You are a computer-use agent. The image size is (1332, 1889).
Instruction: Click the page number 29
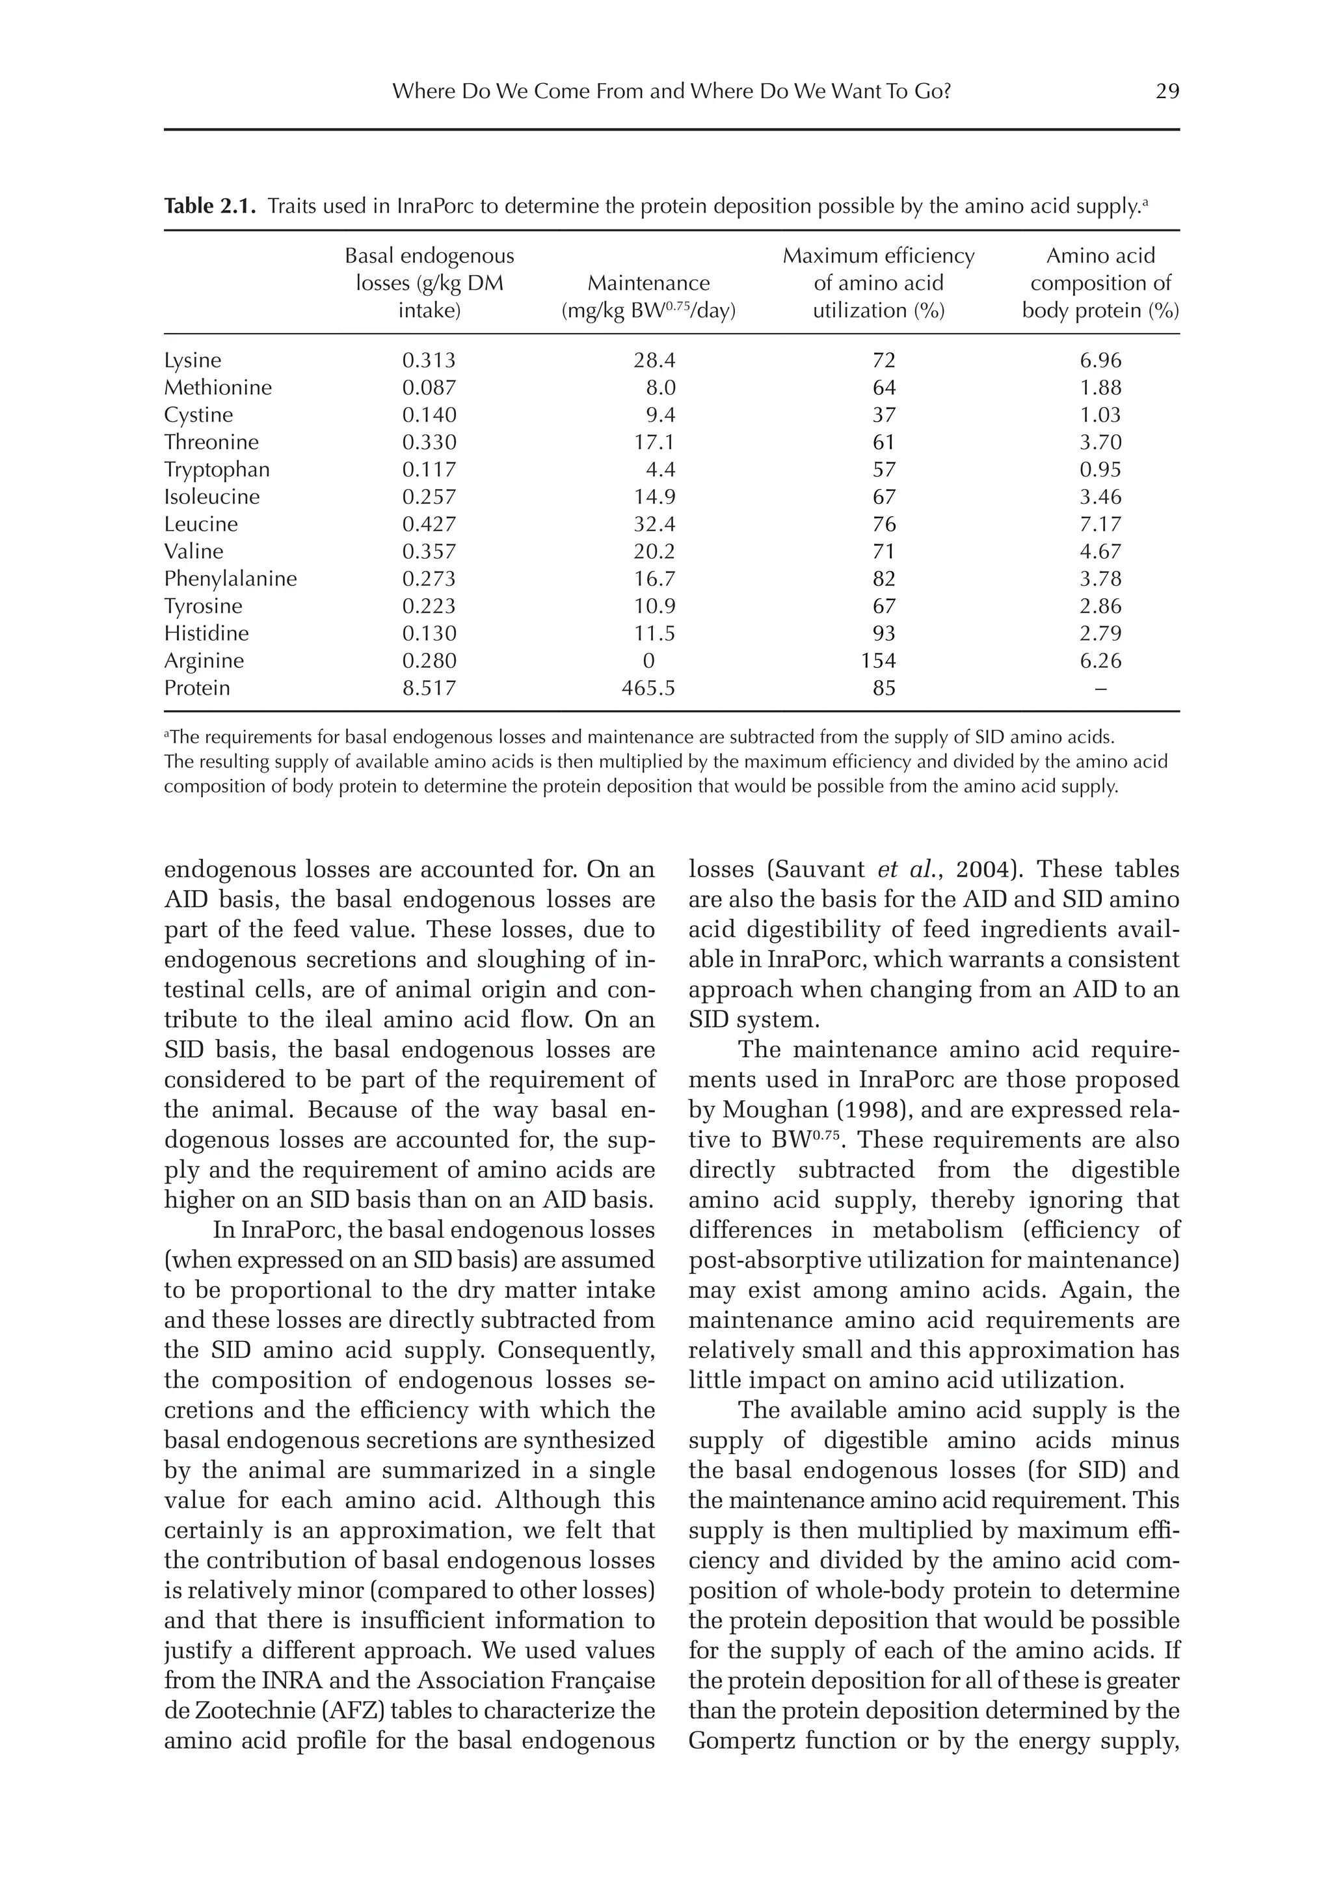1167,91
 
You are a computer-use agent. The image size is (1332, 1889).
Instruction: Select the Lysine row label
193,360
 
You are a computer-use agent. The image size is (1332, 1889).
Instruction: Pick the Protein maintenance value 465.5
648,688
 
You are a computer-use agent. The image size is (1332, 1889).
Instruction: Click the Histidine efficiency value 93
884,633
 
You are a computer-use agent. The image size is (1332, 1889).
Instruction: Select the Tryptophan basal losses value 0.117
429,469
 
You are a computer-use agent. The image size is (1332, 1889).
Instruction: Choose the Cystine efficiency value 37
884,415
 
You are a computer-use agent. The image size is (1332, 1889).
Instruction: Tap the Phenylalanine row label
230,578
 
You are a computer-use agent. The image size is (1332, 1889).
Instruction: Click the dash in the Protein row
1101,688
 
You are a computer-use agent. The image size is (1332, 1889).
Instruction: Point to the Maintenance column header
648,283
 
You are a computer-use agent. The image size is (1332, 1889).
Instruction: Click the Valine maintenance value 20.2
654,551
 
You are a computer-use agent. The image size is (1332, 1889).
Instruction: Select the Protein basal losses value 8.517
429,688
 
